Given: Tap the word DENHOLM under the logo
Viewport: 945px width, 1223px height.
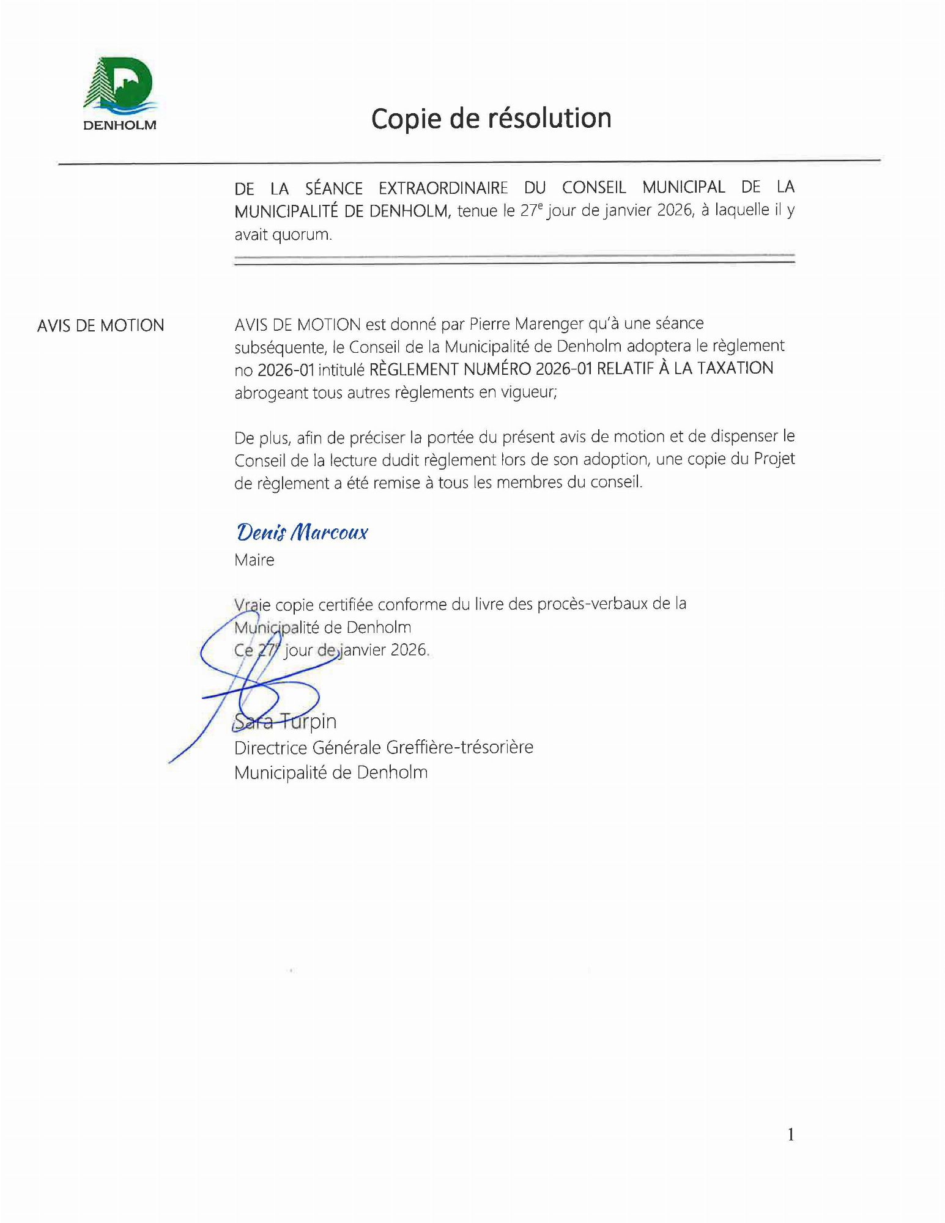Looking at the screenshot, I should coord(120,125).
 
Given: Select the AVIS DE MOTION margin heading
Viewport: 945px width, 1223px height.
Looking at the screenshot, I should coord(100,325).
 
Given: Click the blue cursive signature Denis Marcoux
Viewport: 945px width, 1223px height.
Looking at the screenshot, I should coord(302,532).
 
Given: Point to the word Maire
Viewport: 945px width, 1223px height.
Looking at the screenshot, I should coord(254,560).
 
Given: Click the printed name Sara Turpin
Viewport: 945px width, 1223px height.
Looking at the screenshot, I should coord(286,722).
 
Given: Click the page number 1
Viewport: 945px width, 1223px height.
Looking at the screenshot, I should coord(791,1135).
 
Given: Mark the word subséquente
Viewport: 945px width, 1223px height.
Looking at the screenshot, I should coord(281,347).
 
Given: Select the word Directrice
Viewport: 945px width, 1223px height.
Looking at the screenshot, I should coord(271,747).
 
